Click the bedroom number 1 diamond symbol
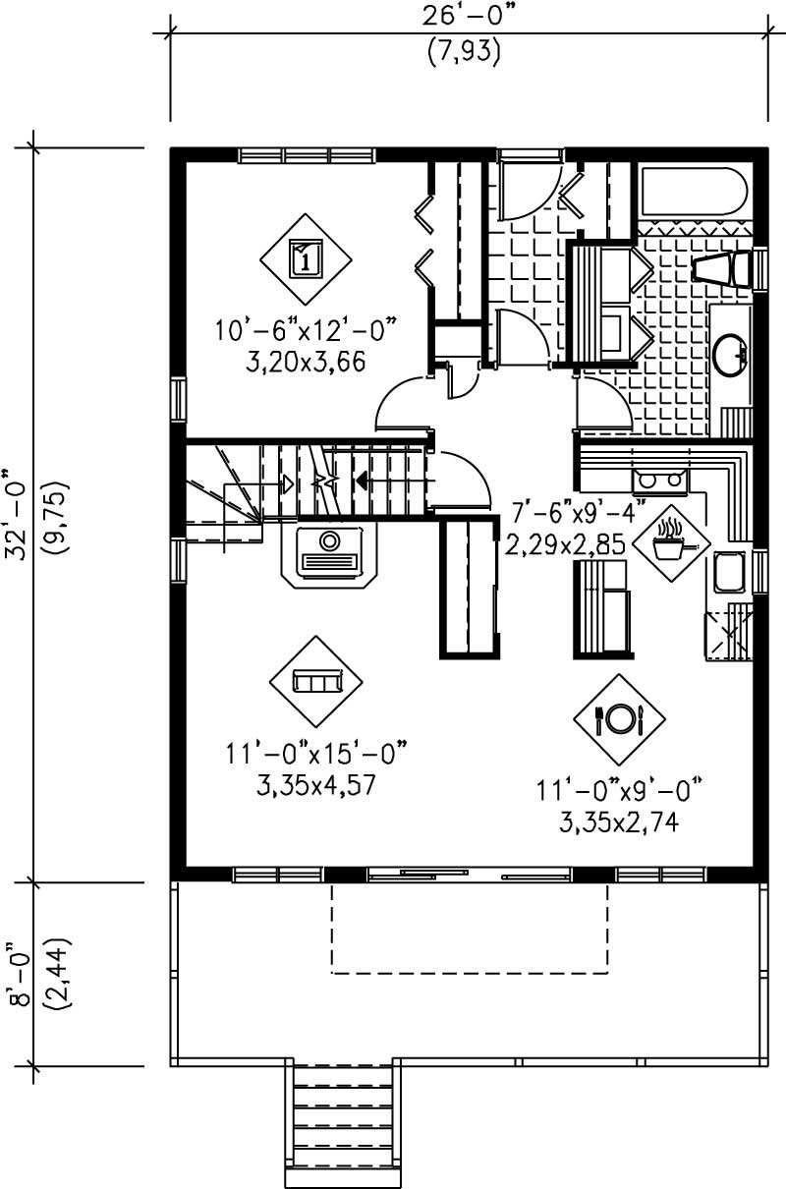pyautogui.click(x=306, y=260)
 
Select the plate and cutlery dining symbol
pyautogui.click(x=619, y=719)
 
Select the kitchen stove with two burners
pyautogui.click(x=659, y=480)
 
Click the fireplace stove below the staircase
pyautogui.click(x=330, y=554)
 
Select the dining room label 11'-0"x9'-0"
pyautogui.click(x=621, y=789)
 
